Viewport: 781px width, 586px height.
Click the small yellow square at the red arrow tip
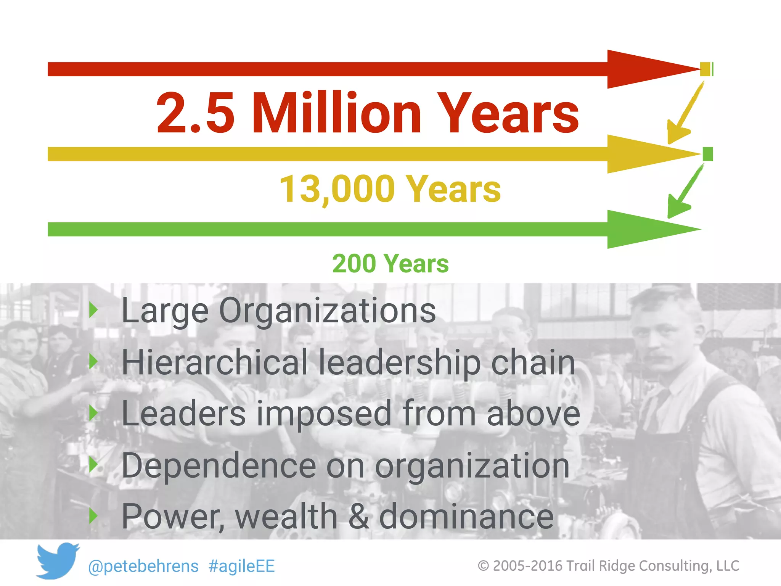[705, 69]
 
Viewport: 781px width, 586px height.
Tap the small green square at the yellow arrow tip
[707, 154]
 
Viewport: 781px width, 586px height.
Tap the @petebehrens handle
[143, 566]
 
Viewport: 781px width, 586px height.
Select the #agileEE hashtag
[242, 566]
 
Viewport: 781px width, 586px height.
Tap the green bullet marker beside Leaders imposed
[93, 413]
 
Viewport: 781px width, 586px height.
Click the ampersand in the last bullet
[358, 517]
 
